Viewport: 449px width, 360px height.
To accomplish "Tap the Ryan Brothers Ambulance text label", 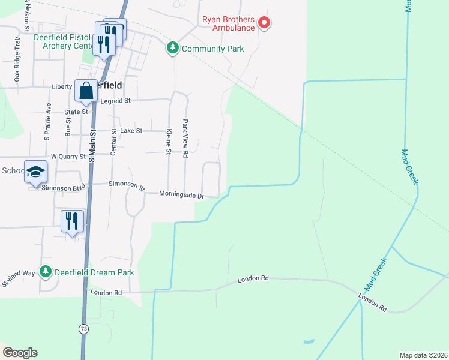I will (228, 24).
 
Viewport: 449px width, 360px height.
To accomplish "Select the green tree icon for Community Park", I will (173, 47).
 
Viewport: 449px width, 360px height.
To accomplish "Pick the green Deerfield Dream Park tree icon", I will (46, 272).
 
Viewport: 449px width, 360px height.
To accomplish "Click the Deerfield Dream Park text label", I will (94, 272).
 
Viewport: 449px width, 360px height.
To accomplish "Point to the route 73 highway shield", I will (83, 329).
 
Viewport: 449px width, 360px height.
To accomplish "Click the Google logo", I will (20, 353).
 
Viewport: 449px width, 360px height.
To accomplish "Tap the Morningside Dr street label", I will (182, 194).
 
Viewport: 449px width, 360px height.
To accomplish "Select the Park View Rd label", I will (185, 139).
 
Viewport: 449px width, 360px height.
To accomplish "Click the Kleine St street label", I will (169, 143).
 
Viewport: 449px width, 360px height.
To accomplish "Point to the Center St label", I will (113, 143).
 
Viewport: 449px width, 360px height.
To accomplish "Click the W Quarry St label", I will (69, 157).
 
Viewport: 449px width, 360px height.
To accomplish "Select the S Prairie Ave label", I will (46, 124).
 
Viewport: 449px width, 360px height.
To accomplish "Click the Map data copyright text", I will (423, 355).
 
